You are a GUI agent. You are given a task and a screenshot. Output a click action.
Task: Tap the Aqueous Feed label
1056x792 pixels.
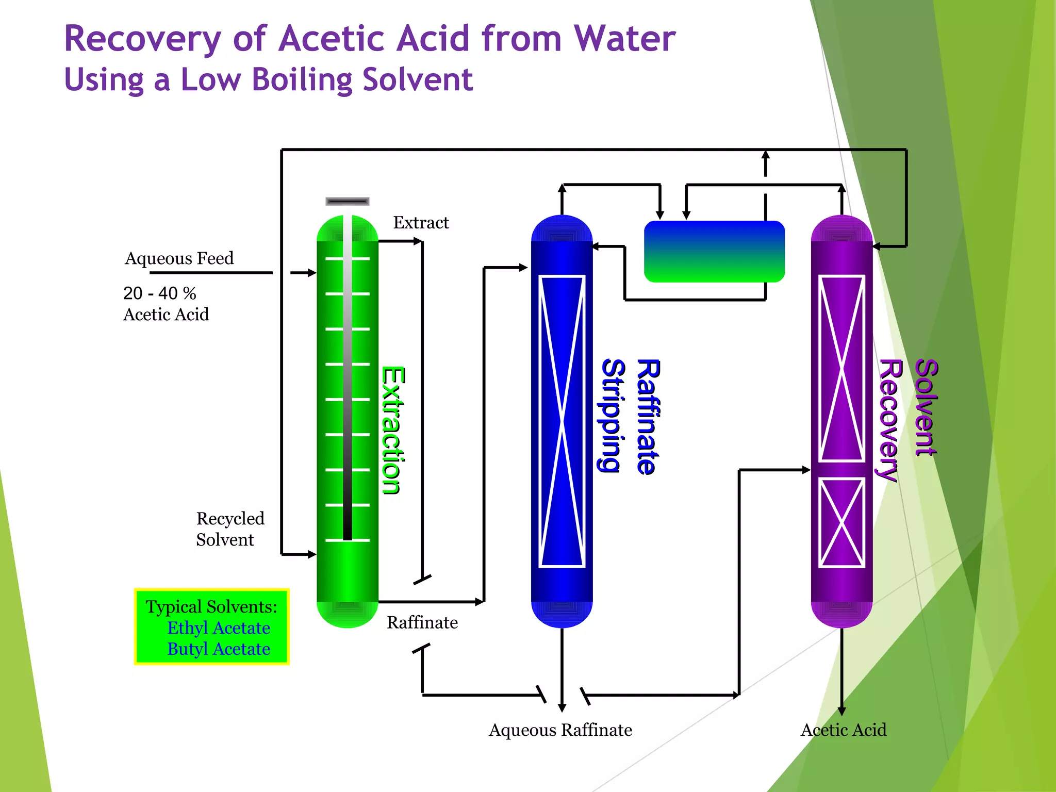click(179, 258)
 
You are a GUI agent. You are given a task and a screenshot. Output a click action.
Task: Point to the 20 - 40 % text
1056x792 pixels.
click(159, 293)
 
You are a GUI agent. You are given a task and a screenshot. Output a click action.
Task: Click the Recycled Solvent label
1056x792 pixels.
click(230, 529)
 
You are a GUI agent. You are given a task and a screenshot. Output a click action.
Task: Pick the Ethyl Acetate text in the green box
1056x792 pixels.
click(219, 628)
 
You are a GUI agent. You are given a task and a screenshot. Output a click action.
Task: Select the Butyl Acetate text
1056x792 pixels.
click(219, 649)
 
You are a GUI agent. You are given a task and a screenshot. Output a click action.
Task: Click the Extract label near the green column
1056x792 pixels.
click(421, 223)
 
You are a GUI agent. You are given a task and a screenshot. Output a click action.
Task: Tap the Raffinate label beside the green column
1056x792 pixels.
click(422, 622)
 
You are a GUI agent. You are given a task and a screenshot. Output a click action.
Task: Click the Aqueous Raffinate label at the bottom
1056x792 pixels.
click(560, 730)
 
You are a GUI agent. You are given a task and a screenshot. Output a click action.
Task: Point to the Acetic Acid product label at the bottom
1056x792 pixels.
click(844, 730)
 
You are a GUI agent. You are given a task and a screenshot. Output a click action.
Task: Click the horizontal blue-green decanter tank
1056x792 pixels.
click(714, 252)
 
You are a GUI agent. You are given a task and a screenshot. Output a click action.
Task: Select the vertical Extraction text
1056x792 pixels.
click(393, 431)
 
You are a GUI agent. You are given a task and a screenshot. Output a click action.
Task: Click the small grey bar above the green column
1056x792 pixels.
click(348, 201)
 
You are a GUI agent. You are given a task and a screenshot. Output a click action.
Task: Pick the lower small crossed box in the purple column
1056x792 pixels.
click(841, 523)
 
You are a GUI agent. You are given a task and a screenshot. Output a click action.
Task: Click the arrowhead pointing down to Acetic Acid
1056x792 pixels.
click(841, 711)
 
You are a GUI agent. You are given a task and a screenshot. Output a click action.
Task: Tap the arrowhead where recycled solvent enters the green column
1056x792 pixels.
click(311, 554)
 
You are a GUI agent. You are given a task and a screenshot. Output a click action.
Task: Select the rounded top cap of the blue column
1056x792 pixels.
click(562, 228)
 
